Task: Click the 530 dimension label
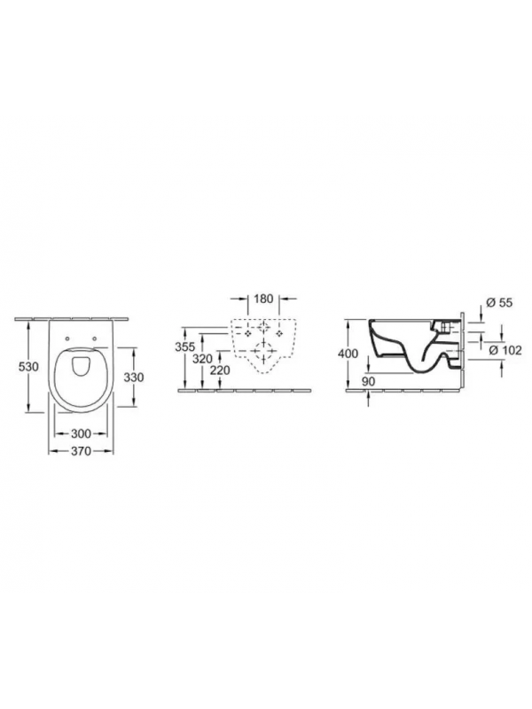pos(28,367)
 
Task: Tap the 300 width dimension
pos(81,433)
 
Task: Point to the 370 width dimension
pos(81,451)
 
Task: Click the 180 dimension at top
pos(263,299)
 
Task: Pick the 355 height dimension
pos(185,347)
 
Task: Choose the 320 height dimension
pos(202,359)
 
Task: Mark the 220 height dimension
pos(220,370)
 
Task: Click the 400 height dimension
pos(348,353)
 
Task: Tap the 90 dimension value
pos(369,381)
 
